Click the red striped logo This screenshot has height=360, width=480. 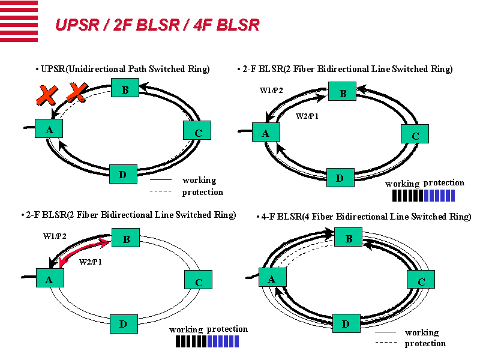pyautogui.click(x=19, y=21)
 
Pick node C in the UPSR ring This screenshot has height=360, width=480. pyautogui.click(x=198, y=130)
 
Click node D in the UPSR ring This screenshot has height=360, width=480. pyautogui.click(x=123, y=174)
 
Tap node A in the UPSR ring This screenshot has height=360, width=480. pyautogui.click(x=49, y=128)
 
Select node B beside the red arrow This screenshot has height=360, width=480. pyautogui.click(x=126, y=238)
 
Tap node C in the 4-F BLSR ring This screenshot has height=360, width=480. pyautogui.click(x=421, y=280)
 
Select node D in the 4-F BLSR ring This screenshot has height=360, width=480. pyautogui.click(x=346, y=323)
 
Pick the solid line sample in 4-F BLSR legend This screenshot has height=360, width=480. pyautogui.click(x=386, y=332)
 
